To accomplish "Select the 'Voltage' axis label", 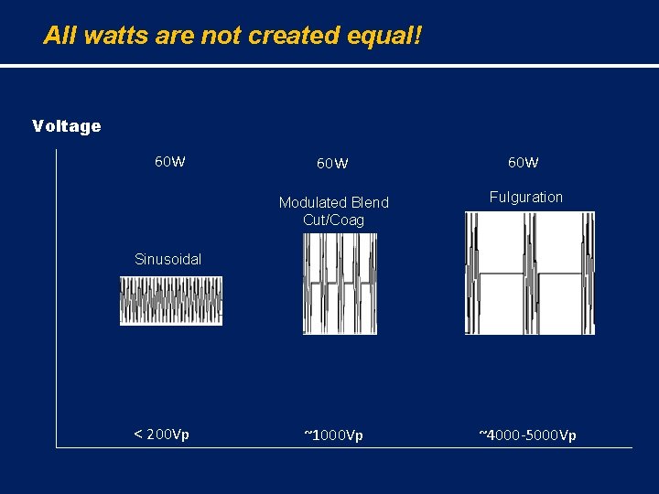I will [66, 126].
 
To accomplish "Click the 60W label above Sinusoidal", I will [170, 162].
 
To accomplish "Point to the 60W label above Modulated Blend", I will [332, 164].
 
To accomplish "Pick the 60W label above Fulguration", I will [524, 162].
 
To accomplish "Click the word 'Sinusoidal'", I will [167, 259].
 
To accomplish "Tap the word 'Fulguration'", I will [526, 197].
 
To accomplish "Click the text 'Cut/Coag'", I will [333, 220].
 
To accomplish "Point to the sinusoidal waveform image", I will [171, 301].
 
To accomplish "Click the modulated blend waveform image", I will [340, 284].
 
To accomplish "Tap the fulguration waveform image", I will [530, 273].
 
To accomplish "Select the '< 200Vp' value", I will [162, 434].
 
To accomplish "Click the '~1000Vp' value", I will [333, 435].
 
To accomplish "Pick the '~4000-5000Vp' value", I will [527, 435].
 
